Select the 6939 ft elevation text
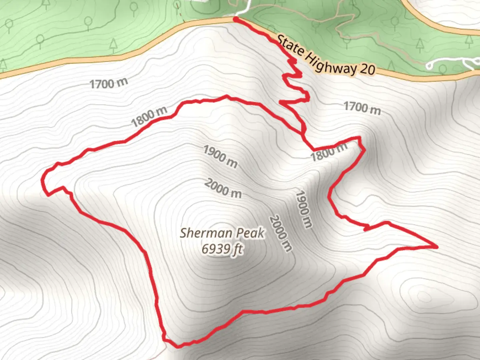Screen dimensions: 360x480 (222, 249)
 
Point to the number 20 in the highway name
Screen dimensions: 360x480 (367, 69)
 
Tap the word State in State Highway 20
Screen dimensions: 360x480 (290, 45)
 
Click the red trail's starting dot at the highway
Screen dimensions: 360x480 (236, 20)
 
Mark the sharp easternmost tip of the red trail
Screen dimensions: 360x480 (436, 247)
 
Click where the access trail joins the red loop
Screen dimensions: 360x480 (313, 149)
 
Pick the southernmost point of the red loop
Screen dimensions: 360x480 (177, 346)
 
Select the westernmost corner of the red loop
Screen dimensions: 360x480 (43, 180)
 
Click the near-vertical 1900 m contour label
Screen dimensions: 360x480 (304, 209)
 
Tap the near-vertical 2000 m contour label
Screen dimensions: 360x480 (281, 233)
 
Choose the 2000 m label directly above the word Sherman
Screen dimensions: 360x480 (223, 188)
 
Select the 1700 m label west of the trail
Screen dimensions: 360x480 (108, 83)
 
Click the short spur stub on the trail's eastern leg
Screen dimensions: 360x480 (367, 228)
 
